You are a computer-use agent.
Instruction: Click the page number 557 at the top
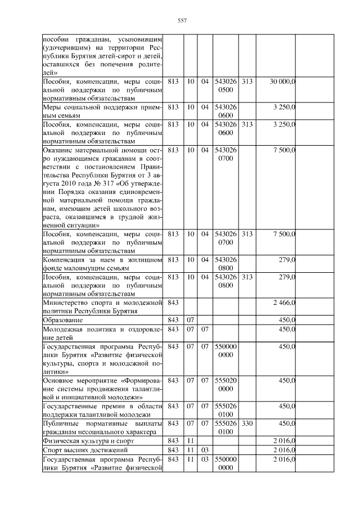pyautogui.click(x=182, y=21)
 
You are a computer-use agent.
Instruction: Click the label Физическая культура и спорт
pyautogui.click(x=85, y=441)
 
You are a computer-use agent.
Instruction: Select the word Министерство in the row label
pyautogui.click(x=64, y=303)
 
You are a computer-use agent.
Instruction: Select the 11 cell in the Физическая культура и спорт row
pyautogui.click(x=191, y=441)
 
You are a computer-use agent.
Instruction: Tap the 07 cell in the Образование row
pyautogui.click(x=191, y=320)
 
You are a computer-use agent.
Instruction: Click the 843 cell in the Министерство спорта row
pyautogui.click(x=173, y=303)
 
